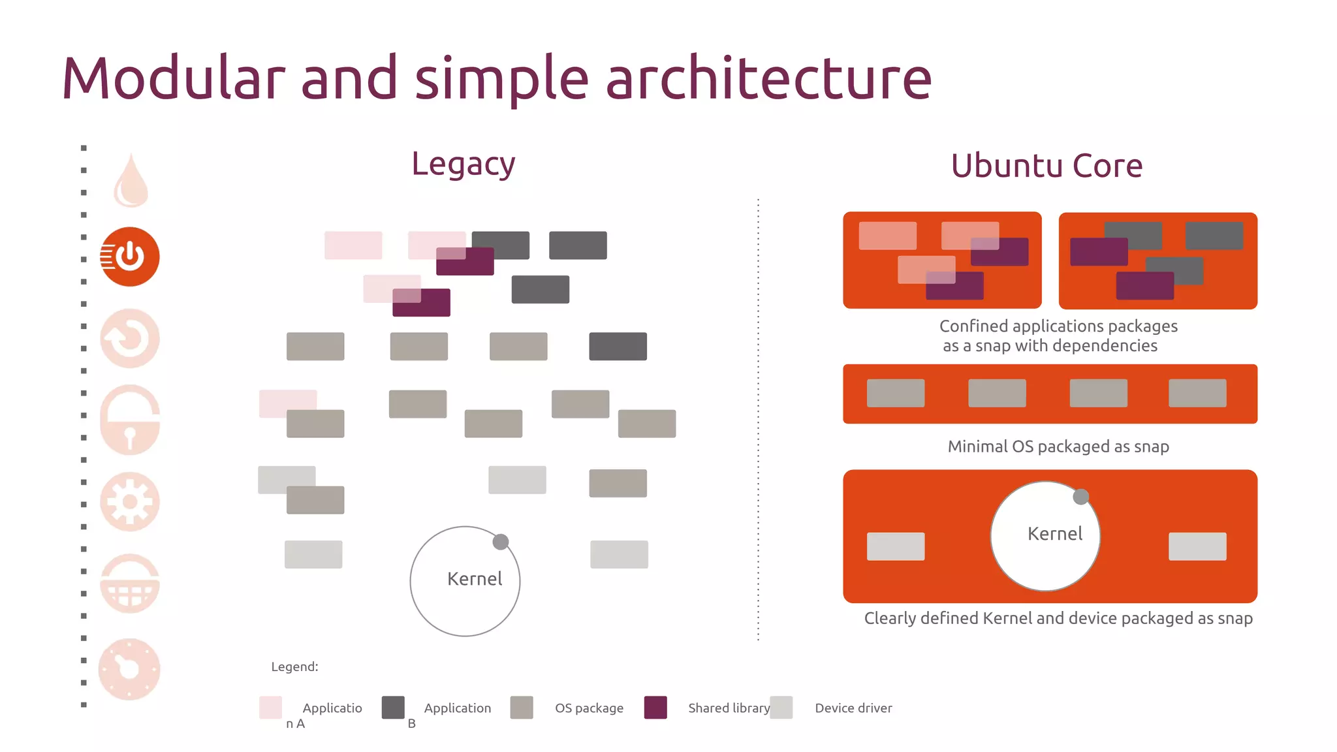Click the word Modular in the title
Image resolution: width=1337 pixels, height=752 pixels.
pyautogui.click(x=174, y=78)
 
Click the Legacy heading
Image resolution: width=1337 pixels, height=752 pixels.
pyautogui.click(x=463, y=164)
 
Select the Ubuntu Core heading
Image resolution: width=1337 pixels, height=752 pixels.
pyautogui.click(x=1046, y=166)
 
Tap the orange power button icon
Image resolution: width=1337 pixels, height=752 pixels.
pyautogui.click(x=130, y=257)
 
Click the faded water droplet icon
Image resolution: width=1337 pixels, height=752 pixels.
pyautogui.click(x=131, y=181)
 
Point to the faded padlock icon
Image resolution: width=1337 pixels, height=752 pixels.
pyautogui.click(x=130, y=420)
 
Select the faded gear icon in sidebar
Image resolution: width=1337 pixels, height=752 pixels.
pyautogui.click(x=130, y=501)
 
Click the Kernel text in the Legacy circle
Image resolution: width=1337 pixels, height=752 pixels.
pyautogui.click(x=475, y=579)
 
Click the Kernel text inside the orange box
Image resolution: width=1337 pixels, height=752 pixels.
pyautogui.click(x=1054, y=534)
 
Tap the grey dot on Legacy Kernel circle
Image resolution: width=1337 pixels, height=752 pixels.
pyautogui.click(x=501, y=542)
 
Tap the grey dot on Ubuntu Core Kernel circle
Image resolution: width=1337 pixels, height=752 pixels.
pyautogui.click(x=1081, y=497)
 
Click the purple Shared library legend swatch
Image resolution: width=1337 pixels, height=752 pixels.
pyautogui.click(x=655, y=708)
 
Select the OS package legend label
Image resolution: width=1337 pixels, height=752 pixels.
pyautogui.click(x=589, y=708)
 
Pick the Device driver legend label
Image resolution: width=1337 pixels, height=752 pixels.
pyautogui.click(x=853, y=708)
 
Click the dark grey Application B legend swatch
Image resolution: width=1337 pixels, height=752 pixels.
pyautogui.click(x=393, y=708)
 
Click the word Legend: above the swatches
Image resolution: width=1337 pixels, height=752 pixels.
pyautogui.click(x=294, y=666)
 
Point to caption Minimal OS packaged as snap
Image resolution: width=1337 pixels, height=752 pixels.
pyautogui.click(x=1058, y=446)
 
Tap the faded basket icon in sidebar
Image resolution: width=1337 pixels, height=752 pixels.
pyautogui.click(x=130, y=584)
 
